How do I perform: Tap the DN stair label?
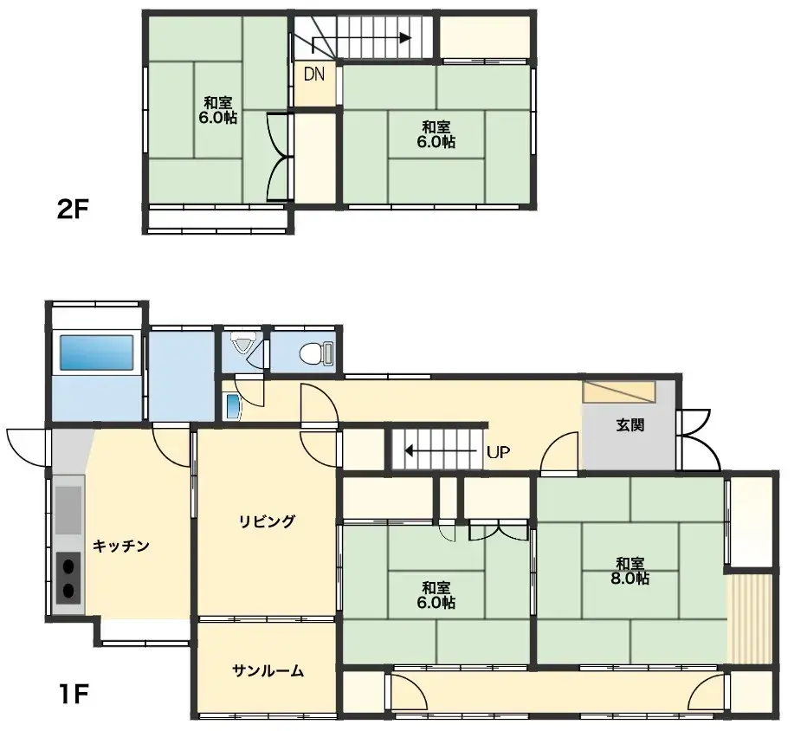point(313,74)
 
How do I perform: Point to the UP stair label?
point(498,451)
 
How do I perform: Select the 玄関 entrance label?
point(630,425)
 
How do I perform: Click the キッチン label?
point(121,546)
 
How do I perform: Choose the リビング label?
point(268,521)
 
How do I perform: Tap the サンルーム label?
point(268,670)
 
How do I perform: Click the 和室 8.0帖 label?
point(629,571)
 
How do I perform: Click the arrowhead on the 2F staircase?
point(404,37)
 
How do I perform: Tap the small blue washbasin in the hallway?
point(232,405)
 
